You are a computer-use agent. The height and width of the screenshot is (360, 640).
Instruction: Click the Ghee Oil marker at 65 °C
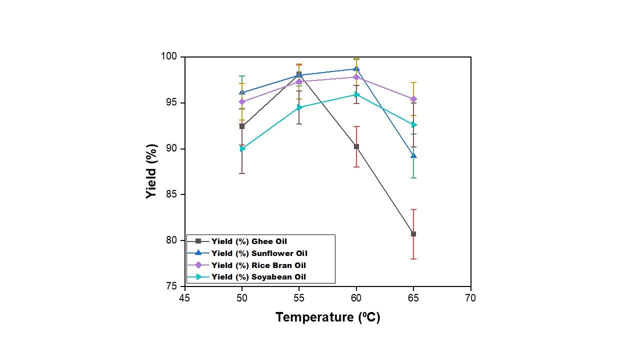click(413, 234)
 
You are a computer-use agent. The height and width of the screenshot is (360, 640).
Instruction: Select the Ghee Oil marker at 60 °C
click(356, 146)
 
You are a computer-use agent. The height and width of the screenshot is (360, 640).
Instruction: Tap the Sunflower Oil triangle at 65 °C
click(413, 155)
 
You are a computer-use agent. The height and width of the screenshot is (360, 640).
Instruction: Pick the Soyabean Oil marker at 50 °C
click(242, 148)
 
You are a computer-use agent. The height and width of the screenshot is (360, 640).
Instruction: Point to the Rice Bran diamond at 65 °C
click(413, 99)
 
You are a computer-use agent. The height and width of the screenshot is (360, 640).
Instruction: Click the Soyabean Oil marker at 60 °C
click(356, 94)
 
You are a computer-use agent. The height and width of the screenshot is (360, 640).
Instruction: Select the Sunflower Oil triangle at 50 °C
click(242, 92)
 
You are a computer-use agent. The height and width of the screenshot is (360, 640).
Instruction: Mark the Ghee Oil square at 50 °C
click(242, 126)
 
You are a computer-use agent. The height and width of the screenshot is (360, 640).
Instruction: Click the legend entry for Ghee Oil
click(249, 241)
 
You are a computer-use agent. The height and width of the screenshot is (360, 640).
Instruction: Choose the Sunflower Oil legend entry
click(259, 253)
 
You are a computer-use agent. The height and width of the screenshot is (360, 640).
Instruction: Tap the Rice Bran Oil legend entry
click(258, 265)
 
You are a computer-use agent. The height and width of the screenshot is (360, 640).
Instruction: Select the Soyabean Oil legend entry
click(258, 277)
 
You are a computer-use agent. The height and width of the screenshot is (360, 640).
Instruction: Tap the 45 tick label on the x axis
click(185, 298)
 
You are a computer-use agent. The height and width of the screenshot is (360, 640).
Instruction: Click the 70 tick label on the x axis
click(470, 298)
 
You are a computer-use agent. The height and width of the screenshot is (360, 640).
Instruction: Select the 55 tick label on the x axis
click(299, 298)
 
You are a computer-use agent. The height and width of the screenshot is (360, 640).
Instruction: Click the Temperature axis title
click(327, 317)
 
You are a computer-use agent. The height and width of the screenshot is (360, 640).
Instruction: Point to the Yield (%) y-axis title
click(152, 171)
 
